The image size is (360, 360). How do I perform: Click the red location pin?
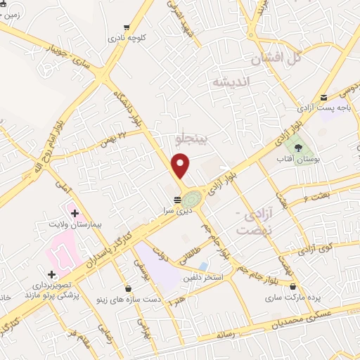(181, 165)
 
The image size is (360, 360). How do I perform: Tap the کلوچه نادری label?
(127, 39)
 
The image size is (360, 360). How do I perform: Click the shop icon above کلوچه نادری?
(127, 27)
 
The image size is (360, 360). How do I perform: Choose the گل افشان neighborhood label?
(285, 58)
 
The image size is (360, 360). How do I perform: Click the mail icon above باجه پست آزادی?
(323, 97)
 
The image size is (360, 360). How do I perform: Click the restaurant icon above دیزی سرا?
(176, 199)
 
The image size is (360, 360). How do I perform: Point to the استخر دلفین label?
(203, 277)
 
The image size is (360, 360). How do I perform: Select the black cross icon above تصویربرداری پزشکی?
(51, 274)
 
